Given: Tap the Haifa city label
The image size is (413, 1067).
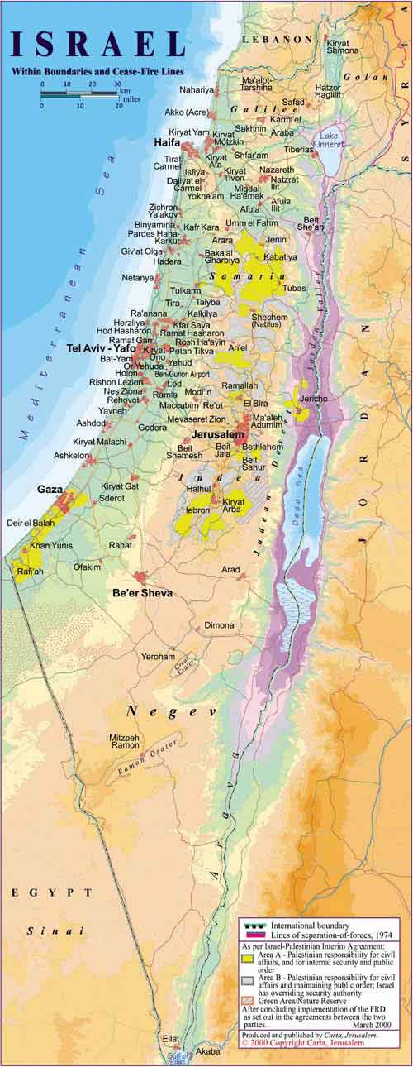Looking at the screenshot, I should [x=167, y=143].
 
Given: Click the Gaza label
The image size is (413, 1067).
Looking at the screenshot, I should [x=50, y=490].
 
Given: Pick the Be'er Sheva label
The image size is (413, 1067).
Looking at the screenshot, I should [x=138, y=593].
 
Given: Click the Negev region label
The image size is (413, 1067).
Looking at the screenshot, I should [x=170, y=711].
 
